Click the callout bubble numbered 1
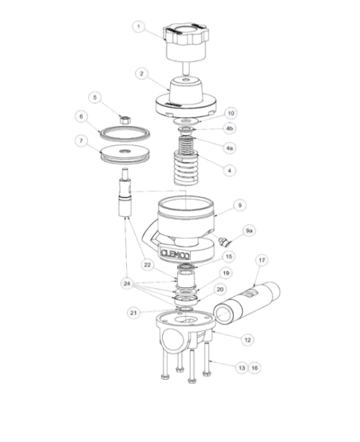pyautogui.click(x=139, y=27)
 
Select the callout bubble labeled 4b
pyautogui.click(x=229, y=128)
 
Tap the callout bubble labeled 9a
pyautogui.click(x=249, y=231)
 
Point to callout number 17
pyautogui.click(x=262, y=260)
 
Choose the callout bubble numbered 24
pyautogui.click(x=127, y=283)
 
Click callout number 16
pyautogui.click(x=255, y=368)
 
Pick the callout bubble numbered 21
pyautogui.click(x=133, y=313)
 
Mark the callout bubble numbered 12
pyautogui.click(x=247, y=340)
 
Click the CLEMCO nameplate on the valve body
pyautogui.click(x=175, y=254)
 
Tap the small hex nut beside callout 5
pyautogui.click(x=125, y=120)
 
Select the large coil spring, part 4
pyautogui.click(x=186, y=168)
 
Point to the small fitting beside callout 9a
pyautogui.click(x=223, y=241)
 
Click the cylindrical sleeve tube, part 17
pyautogui.click(x=247, y=302)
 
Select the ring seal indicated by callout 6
pyautogui.click(x=125, y=132)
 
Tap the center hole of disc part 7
pyautogui.click(x=124, y=152)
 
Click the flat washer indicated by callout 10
pyautogui.click(x=186, y=121)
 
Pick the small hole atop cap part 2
pyautogui.click(x=186, y=81)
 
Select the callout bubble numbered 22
pyautogui.click(x=148, y=265)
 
